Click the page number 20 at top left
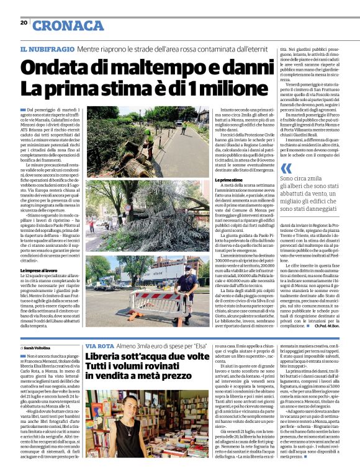tap(24, 22)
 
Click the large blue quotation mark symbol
tap(285, 168)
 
